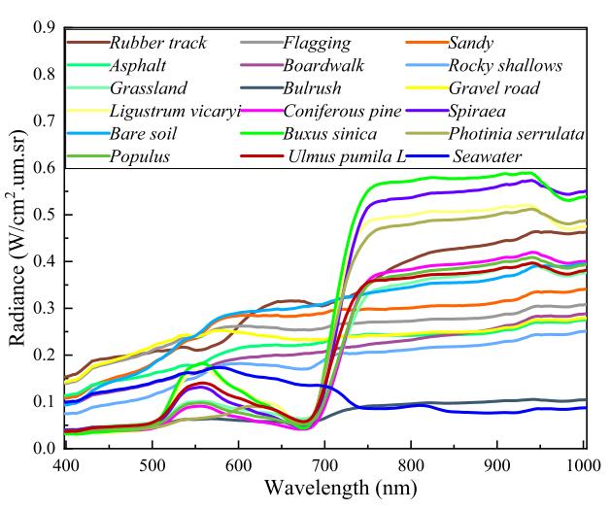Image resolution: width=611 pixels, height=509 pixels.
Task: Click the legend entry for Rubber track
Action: click(153, 43)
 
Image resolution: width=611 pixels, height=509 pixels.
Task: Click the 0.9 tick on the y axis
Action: click(45, 28)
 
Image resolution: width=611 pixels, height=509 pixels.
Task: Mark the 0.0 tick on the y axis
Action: click(45, 449)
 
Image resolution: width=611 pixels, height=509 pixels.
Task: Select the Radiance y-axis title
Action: click(17, 238)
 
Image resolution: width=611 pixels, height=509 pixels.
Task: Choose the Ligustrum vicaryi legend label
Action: click(160, 111)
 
